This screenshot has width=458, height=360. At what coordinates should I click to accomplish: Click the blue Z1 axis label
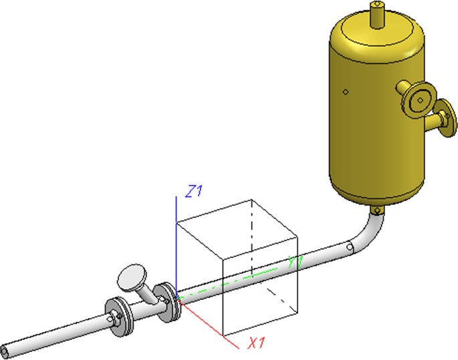click(194, 191)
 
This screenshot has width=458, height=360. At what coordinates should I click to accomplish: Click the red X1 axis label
click(256, 343)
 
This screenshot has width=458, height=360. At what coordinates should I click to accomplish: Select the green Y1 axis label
click(296, 262)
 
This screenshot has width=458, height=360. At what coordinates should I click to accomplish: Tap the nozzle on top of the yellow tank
click(377, 15)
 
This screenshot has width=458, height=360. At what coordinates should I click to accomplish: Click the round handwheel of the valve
click(132, 277)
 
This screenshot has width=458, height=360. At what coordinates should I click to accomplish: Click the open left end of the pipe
click(5, 351)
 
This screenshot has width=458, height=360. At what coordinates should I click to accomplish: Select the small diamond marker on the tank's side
click(346, 92)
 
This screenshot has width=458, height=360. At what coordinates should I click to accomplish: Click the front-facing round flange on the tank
click(419, 100)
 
